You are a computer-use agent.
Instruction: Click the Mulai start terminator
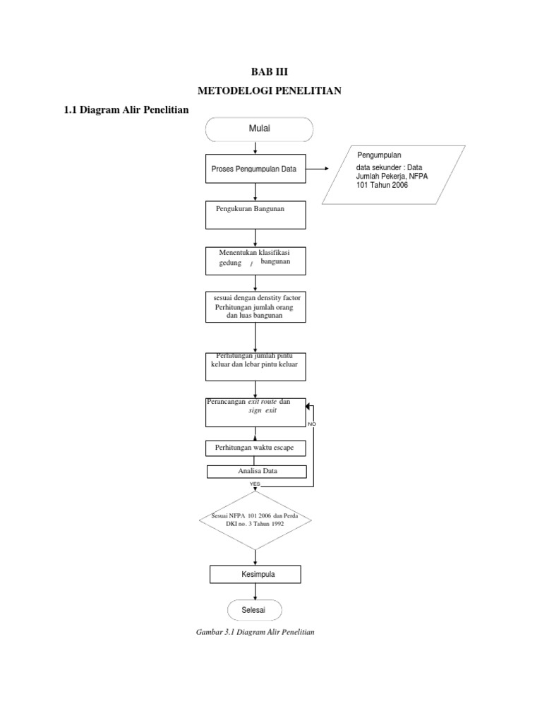pos(260,129)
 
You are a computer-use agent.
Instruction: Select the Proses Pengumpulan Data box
pos(255,169)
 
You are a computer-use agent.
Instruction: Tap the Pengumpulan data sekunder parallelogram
pos(394,174)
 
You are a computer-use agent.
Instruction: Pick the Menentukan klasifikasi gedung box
pos(255,261)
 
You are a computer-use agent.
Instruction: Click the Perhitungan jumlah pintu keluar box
pos(255,366)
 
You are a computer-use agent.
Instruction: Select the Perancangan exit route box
pos(255,412)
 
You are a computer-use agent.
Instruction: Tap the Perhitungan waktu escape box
pos(255,448)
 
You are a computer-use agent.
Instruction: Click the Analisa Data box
pos(256,472)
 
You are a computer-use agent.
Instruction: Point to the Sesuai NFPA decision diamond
pos(255,521)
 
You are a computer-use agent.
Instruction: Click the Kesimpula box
pos(255,575)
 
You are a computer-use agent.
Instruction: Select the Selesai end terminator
pos(255,610)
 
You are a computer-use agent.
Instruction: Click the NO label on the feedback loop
pos(311,424)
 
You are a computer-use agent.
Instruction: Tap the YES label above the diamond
pos(255,484)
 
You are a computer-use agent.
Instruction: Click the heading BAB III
pos(270,72)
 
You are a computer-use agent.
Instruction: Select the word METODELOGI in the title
pos(233,91)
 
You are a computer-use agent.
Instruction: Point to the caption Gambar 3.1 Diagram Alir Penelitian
pos(255,632)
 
